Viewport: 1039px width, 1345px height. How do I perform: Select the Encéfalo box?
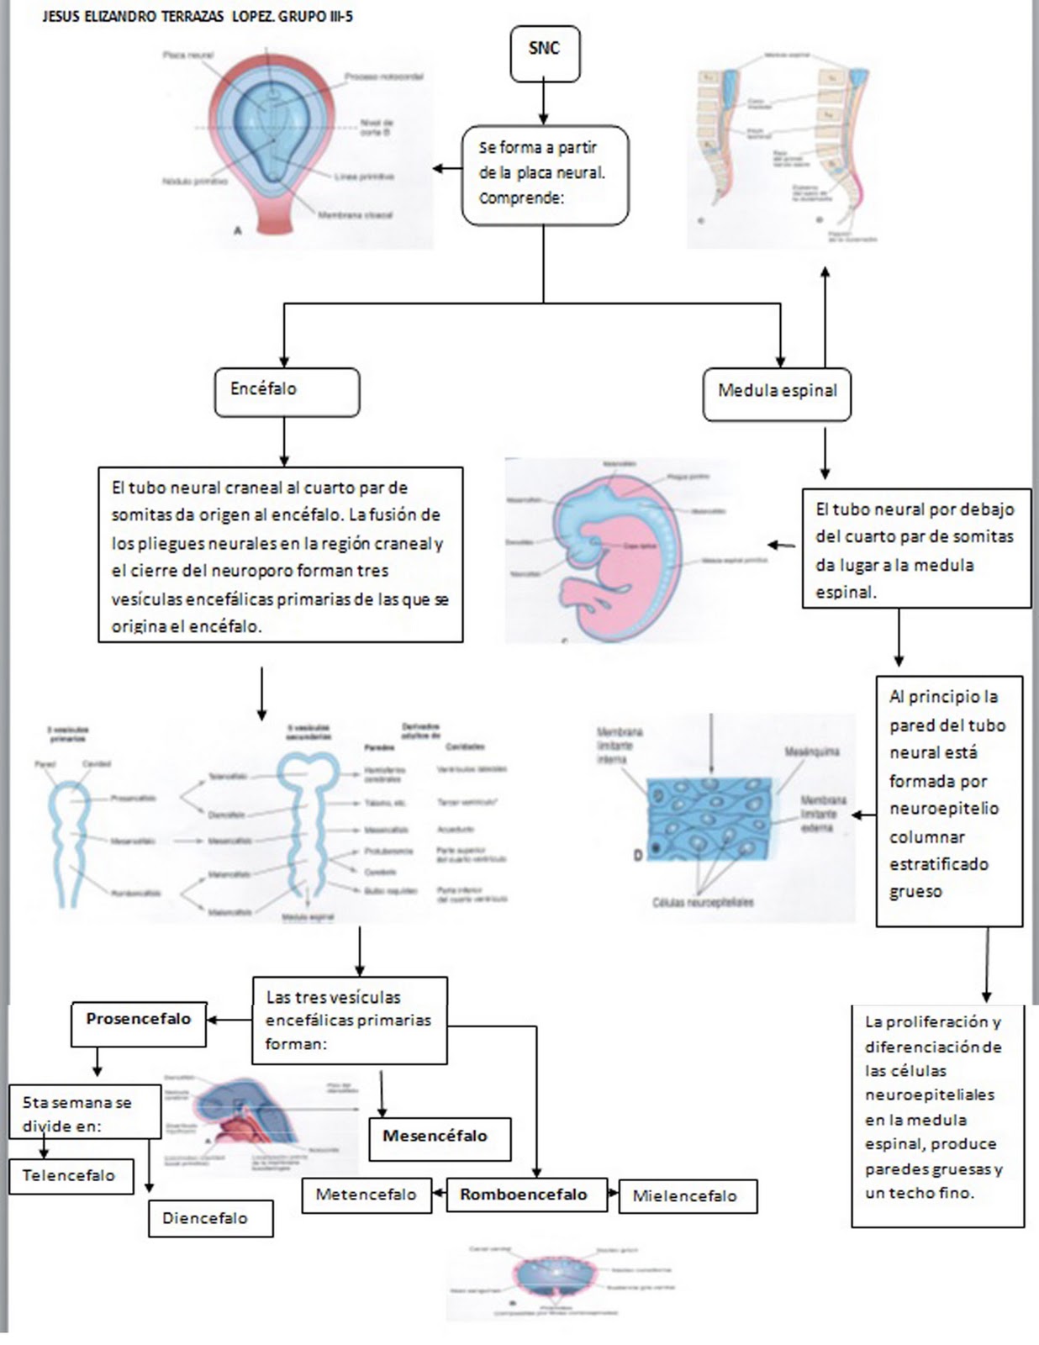coord(287,391)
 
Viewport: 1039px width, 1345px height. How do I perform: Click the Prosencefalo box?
coord(139,1021)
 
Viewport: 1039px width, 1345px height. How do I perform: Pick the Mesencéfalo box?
coord(440,1137)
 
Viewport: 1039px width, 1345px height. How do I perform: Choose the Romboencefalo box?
coord(526,1195)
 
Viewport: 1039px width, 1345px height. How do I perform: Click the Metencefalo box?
coord(367,1195)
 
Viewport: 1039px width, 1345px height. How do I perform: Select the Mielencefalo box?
coord(688,1196)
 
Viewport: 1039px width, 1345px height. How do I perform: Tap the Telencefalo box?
coord(71,1176)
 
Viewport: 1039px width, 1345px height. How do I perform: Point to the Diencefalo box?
coord(210,1218)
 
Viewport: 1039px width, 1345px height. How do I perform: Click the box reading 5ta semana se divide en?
coord(84,1114)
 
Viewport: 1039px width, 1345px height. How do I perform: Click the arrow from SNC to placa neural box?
coord(544,103)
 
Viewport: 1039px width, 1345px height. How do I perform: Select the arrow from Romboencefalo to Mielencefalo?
coord(613,1194)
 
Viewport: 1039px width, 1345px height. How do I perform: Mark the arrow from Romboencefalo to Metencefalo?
coord(439,1193)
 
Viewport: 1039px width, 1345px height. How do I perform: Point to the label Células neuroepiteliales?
coord(703,902)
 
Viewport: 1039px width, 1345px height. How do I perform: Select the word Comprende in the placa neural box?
coord(519,198)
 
